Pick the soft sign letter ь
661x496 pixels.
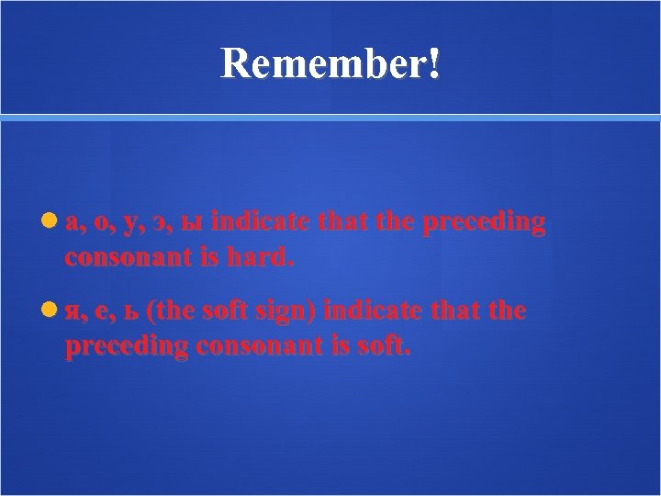129,313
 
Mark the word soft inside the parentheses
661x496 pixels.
221,312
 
